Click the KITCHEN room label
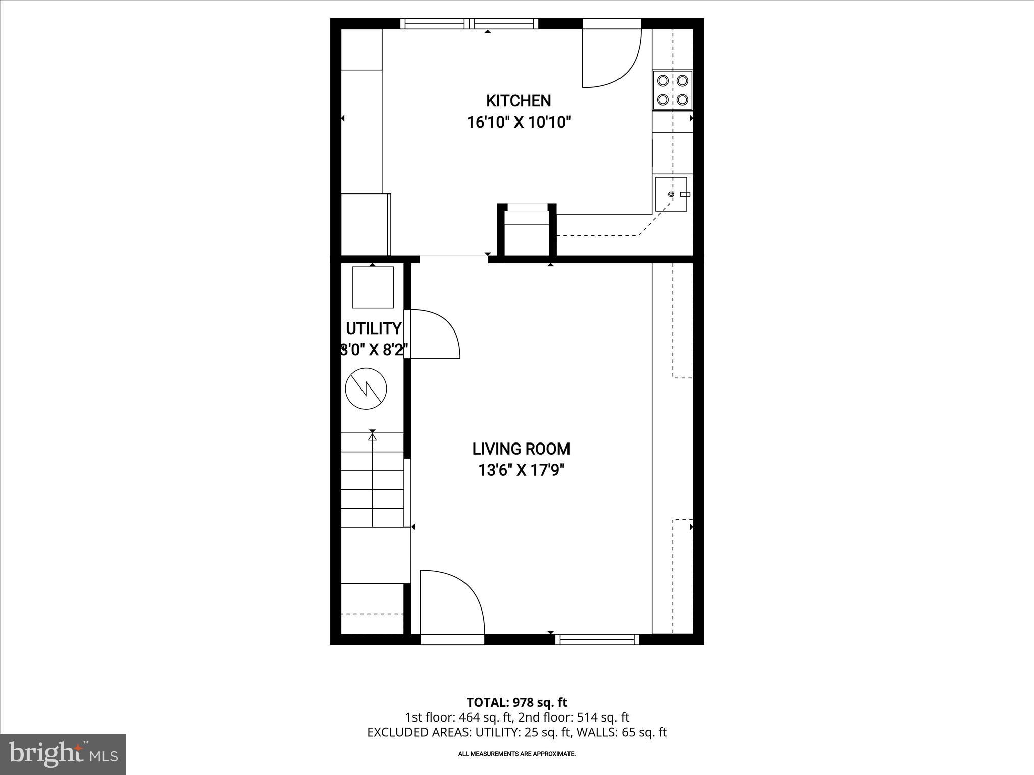click(x=518, y=101)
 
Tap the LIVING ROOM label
click(x=521, y=449)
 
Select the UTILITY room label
click(x=373, y=328)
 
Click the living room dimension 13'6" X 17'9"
click(x=521, y=470)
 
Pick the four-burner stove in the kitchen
click(x=672, y=90)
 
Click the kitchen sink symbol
click(x=671, y=194)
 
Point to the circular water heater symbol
click(x=366, y=389)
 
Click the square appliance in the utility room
click(x=373, y=287)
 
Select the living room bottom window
click(x=597, y=639)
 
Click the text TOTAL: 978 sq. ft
click(x=516, y=702)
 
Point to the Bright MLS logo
click(x=63, y=754)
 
